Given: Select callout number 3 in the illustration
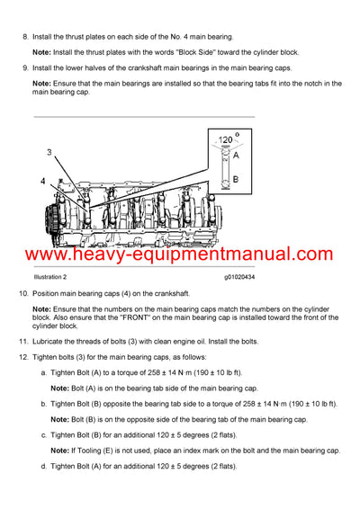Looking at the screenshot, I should [x=50, y=152].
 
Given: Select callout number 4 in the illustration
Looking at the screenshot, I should [x=42, y=183].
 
